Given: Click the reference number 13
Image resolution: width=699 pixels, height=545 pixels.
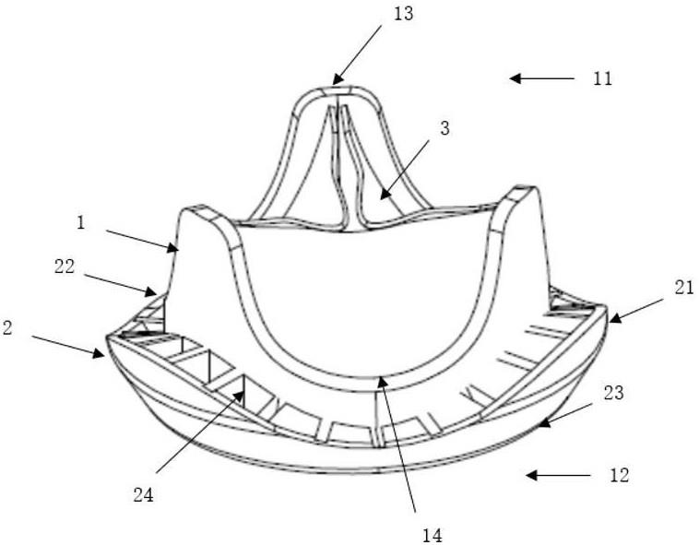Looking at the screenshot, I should pos(402,14).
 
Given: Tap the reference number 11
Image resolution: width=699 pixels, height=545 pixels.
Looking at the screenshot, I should pos(602,79).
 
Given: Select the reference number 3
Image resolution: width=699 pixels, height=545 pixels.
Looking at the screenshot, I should pos(444,128).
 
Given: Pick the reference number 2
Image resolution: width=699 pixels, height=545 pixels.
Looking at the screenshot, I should pos(7,327).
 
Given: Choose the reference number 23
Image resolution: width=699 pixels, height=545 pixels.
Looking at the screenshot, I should pos(613,392).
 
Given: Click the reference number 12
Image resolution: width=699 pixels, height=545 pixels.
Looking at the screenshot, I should pos(620,476).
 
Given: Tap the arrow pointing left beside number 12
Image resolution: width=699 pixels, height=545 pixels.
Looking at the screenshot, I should pos(558,476).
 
